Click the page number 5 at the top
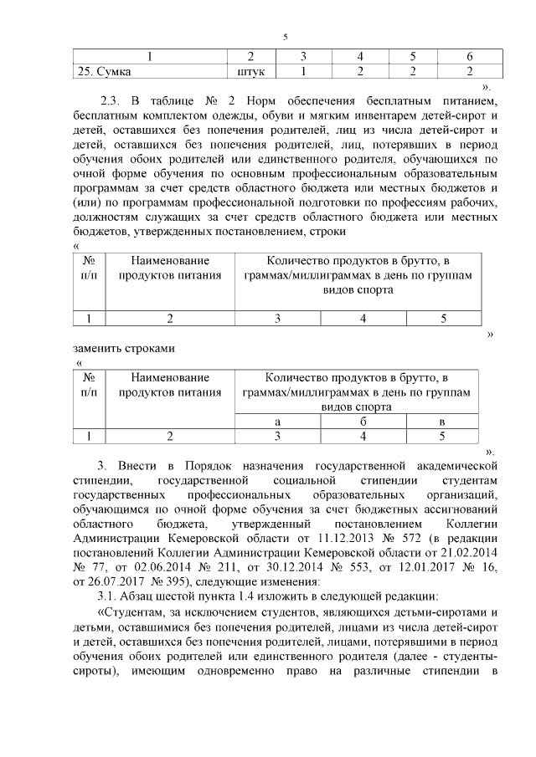(285, 37)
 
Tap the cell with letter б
(363, 422)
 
